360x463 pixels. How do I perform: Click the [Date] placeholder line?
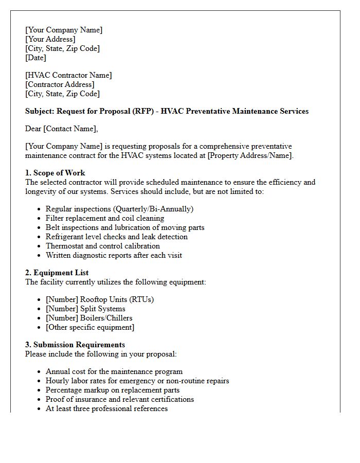coord(35,58)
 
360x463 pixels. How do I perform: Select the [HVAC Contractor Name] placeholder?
coord(68,75)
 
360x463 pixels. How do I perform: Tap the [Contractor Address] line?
coord(60,84)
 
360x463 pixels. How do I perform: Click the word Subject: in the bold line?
coord(40,111)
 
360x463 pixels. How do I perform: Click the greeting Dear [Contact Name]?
coord(61,129)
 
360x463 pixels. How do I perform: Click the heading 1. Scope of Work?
coord(55,173)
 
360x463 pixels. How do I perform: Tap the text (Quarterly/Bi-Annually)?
coord(154,209)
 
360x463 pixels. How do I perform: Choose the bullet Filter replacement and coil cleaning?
coord(105,218)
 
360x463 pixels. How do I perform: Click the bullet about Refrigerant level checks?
coord(116,237)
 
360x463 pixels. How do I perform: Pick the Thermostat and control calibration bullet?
coord(102,246)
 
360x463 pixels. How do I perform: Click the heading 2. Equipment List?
coord(57,273)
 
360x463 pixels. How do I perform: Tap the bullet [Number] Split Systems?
coord(85,309)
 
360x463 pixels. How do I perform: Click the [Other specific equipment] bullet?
coord(89,327)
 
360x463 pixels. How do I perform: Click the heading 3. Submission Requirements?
coord(75,345)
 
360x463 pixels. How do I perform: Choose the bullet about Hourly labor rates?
coord(137,381)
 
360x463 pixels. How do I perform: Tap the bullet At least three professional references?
coord(106,408)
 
